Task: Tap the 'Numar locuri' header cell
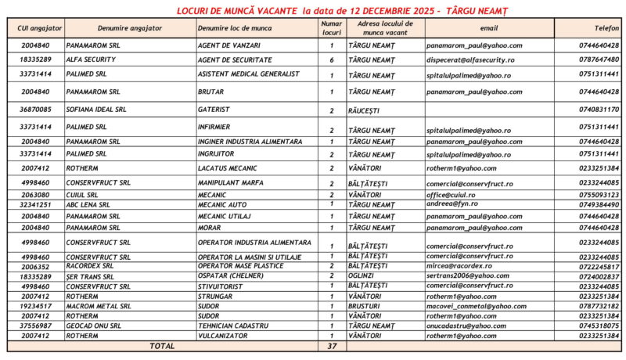[332, 28]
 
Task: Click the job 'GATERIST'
[214, 110]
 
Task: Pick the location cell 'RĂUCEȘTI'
[367, 110]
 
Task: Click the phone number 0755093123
[599, 194]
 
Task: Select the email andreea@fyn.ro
[452, 203]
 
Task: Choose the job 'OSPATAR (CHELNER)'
[229, 276]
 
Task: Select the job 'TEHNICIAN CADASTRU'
[233, 325]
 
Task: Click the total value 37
[332, 345]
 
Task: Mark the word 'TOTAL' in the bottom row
[162, 345]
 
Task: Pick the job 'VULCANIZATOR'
[224, 335]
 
